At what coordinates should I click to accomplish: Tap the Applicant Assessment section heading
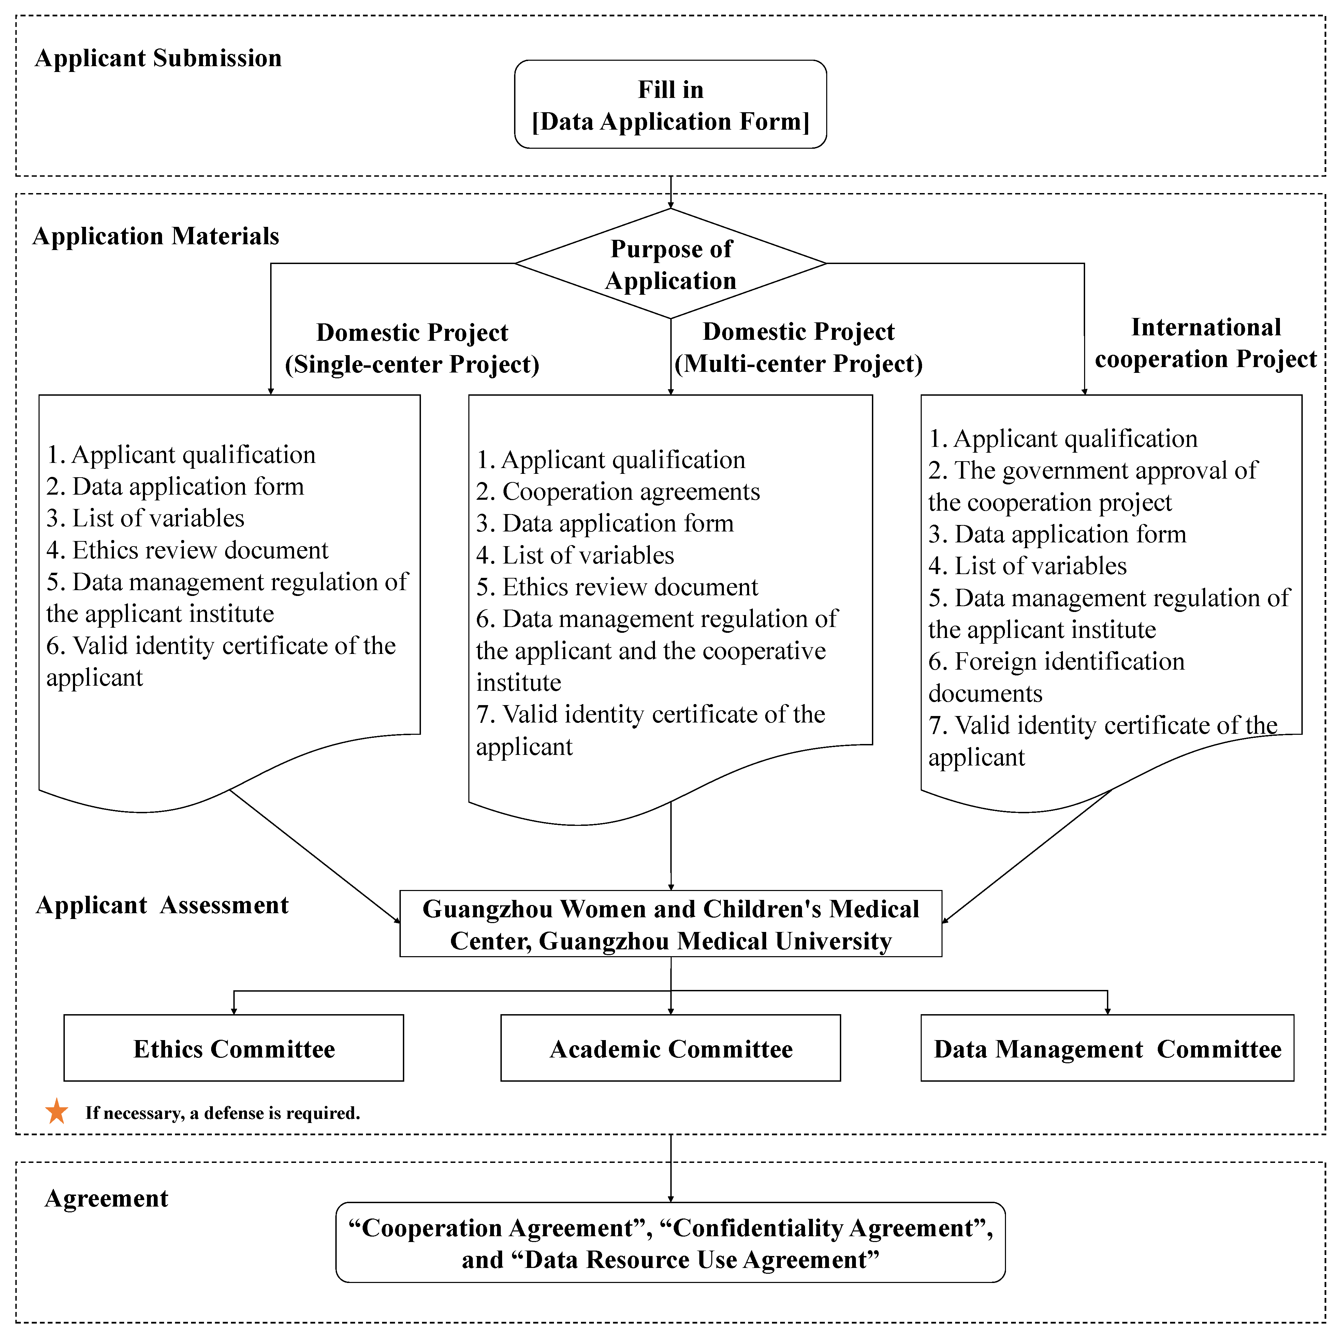[x=162, y=905]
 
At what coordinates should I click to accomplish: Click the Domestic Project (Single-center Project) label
[x=412, y=348]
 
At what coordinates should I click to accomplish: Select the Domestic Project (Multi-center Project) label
[x=799, y=348]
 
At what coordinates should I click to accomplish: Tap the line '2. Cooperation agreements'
[x=618, y=492]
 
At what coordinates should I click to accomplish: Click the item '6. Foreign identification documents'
[x=1056, y=677]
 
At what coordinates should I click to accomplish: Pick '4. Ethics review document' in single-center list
[x=187, y=550]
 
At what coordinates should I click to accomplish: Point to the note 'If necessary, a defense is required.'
[x=222, y=1113]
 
